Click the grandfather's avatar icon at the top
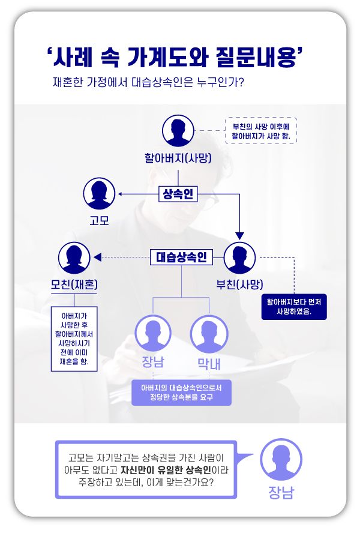[x=179, y=131]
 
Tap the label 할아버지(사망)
[x=179, y=158]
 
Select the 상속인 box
[x=178, y=194]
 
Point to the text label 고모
[x=99, y=220]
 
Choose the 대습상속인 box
[x=181, y=258]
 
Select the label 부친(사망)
[x=240, y=284]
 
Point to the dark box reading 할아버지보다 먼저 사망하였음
[x=294, y=307]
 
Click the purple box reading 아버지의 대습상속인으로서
[x=181, y=393]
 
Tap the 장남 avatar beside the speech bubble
[x=281, y=459]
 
